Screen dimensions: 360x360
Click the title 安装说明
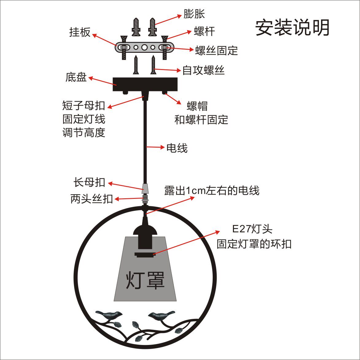[x=292, y=28]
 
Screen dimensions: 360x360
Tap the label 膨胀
[x=194, y=14]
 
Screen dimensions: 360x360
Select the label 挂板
[x=80, y=32]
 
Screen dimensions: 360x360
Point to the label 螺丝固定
[x=216, y=51]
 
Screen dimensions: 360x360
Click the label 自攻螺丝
[x=203, y=70]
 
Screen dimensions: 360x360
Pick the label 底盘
[x=76, y=77]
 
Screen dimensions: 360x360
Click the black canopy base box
[x=145, y=84]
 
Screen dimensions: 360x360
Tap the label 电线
[x=177, y=148]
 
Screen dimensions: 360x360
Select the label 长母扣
[x=89, y=182]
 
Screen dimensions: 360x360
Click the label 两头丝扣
[x=91, y=199]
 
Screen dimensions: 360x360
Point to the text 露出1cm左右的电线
[x=212, y=191]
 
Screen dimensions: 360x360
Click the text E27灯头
[x=252, y=229]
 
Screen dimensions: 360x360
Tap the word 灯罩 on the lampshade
[x=145, y=280]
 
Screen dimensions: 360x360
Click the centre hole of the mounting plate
[x=145, y=48]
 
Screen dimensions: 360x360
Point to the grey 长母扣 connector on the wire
[x=145, y=188]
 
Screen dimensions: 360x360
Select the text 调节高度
[x=84, y=133]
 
